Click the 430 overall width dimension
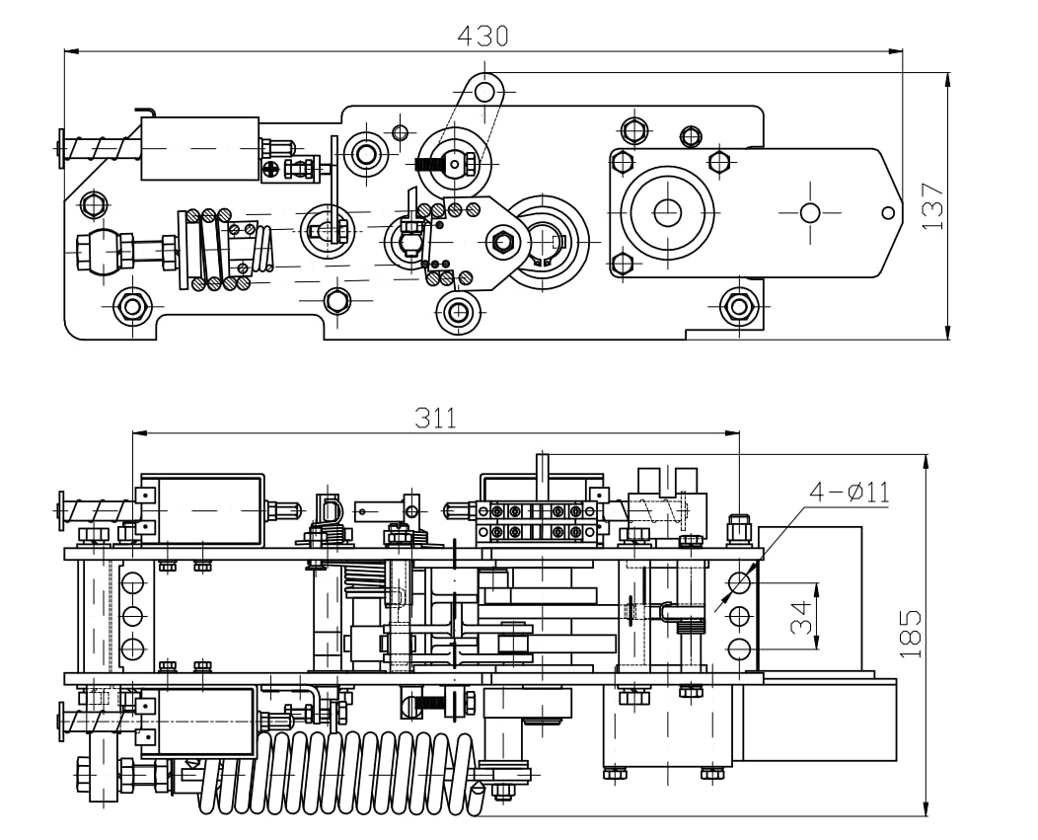tap(482, 36)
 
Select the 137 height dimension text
tap(932, 206)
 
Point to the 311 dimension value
tap(435, 418)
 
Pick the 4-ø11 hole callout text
tap(850, 492)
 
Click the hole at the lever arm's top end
tap(484, 92)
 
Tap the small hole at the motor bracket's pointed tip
tap(888, 212)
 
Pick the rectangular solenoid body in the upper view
tap(200, 148)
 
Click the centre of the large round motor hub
tap(667, 211)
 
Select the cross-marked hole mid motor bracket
tap(810, 212)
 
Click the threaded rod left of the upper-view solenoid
tap(100, 149)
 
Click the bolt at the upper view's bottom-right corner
tap(738, 306)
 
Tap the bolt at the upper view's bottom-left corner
tap(132, 306)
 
